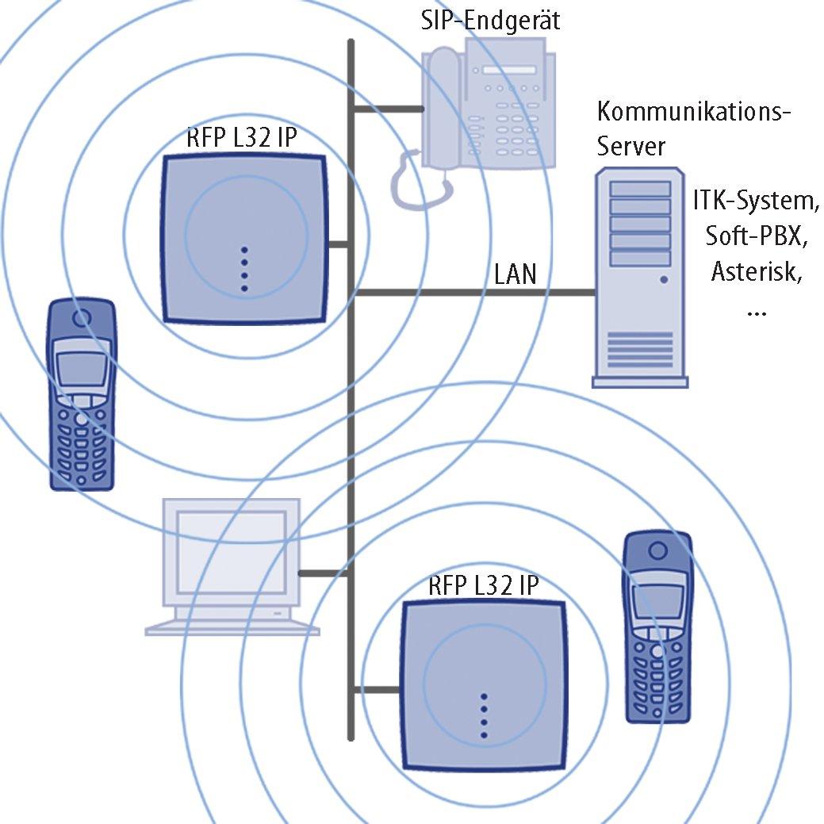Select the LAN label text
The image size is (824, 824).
point(515,274)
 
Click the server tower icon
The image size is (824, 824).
point(640,278)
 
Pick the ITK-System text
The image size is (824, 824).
point(756,201)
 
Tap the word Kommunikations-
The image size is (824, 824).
point(694,111)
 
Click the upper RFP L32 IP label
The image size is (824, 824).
point(242,138)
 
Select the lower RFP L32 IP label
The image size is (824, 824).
point(484,585)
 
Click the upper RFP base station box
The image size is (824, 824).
point(243,239)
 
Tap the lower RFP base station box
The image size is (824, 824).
point(484,685)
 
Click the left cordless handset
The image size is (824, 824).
point(82,395)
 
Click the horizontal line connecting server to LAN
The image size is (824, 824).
point(475,292)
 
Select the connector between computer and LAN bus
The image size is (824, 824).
point(324,573)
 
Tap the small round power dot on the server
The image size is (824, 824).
point(664,280)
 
